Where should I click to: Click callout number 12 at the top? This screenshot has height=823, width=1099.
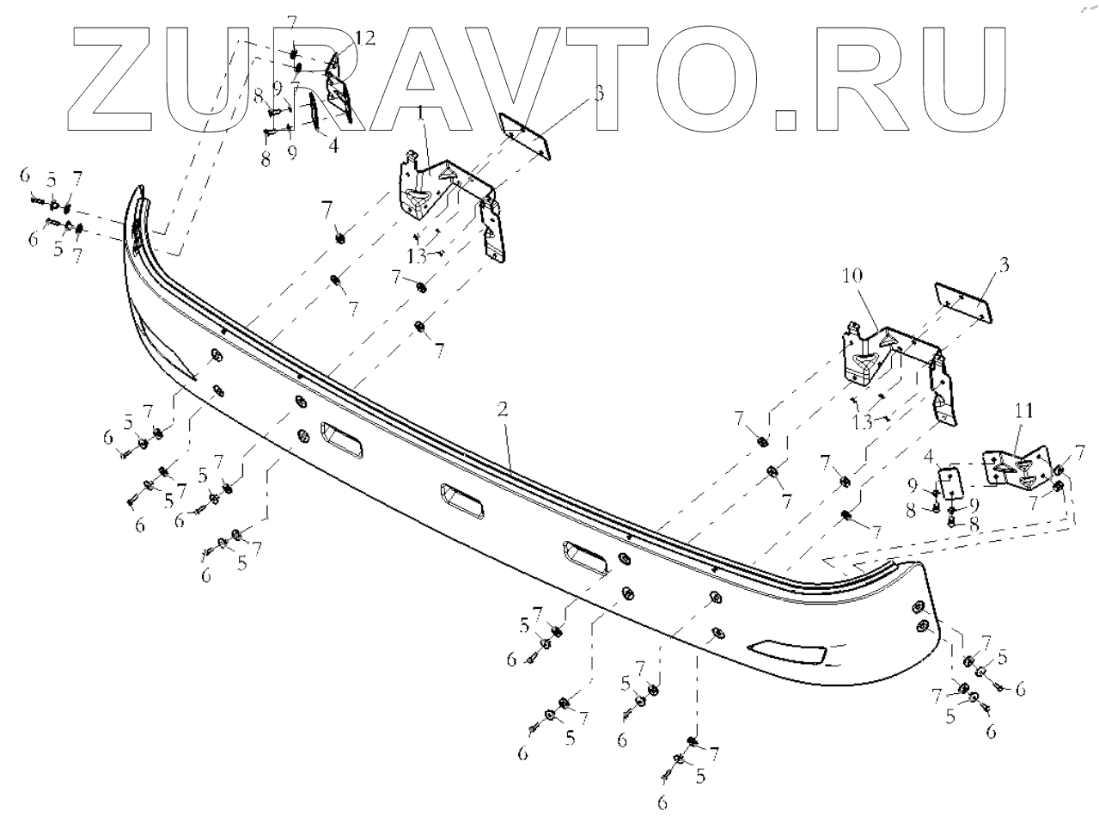point(342,39)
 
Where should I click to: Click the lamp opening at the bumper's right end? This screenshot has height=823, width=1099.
point(789,654)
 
